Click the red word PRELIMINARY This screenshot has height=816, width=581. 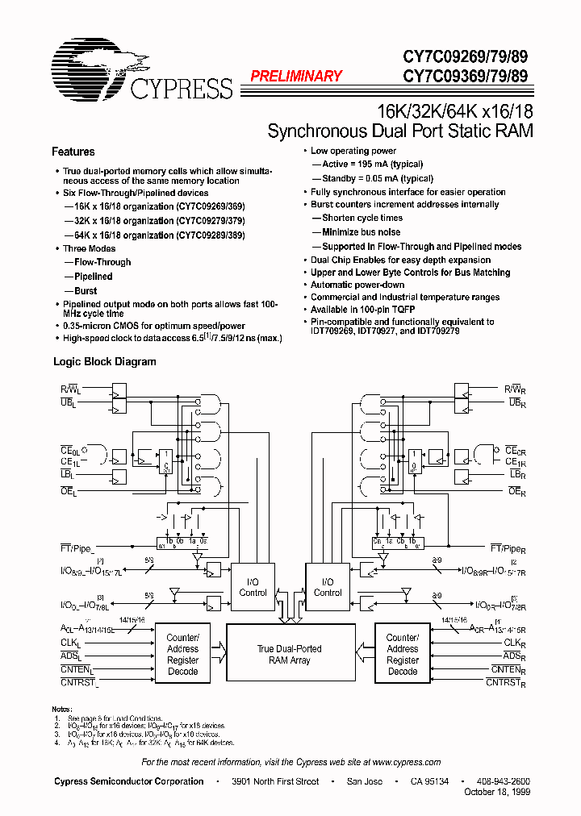click(296, 77)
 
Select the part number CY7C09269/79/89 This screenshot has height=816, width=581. click(467, 59)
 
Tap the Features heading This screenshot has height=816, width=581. click(73, 152)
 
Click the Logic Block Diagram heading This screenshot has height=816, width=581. click(105, 362)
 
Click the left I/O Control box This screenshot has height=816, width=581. click(253, 587)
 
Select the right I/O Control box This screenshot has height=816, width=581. click(328, 587)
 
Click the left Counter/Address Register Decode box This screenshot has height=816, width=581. click(182, 654)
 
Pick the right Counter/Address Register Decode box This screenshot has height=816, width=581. click(403, 654)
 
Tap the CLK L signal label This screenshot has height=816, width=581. click(72, 643)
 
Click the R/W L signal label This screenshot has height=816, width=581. click(70, 389)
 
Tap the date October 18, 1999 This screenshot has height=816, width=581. click(498, 791)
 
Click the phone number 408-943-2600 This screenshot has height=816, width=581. click(502, 781)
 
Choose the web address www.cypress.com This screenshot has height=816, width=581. click(406, 762)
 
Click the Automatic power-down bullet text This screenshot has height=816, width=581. click(357, 285)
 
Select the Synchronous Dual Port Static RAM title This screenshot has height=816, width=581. click(400, 131)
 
